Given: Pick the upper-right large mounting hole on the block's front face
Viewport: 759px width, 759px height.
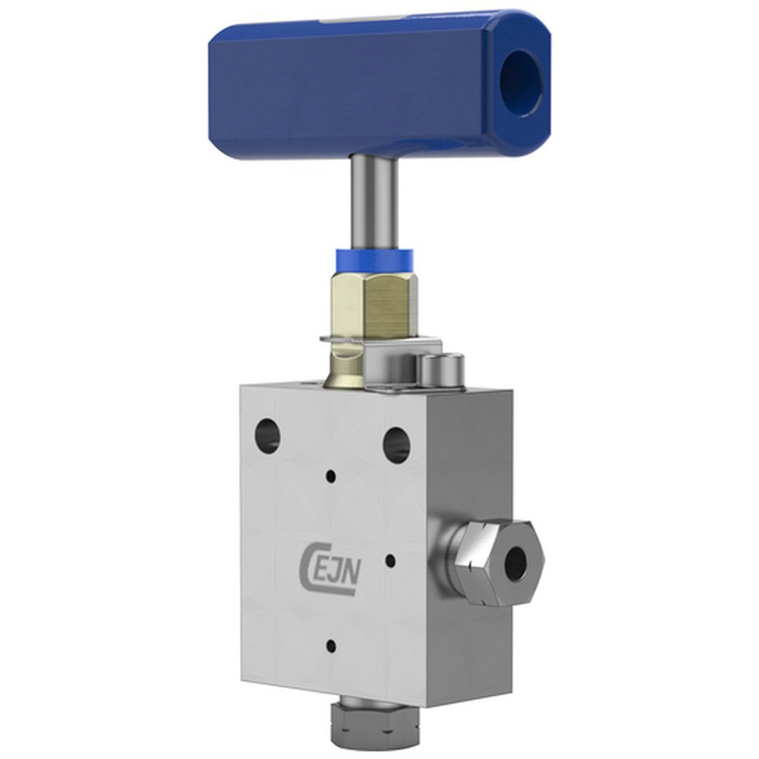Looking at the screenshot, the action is click(x=396, y=444).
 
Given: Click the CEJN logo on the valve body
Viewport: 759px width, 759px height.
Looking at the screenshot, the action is click(x=329, y=568).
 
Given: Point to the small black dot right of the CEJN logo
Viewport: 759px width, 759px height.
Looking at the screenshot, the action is click(x=391, y=561).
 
